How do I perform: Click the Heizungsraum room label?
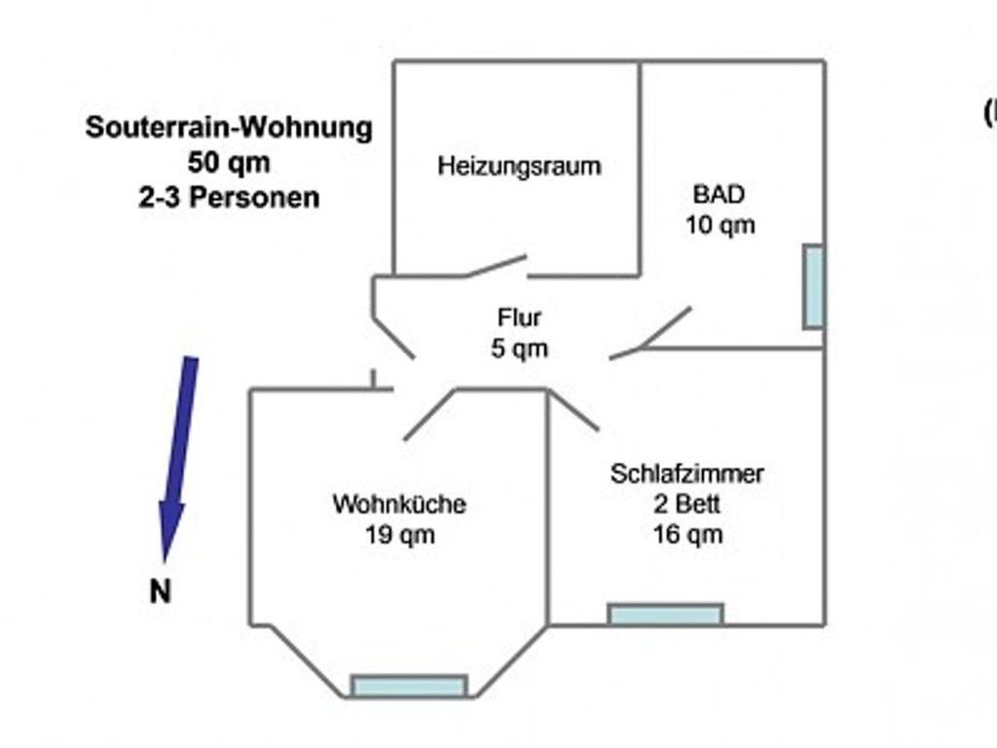point(519,167)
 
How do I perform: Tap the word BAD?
point(720,195)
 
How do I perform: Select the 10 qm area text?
point(720,225)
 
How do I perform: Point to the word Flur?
point(520,318)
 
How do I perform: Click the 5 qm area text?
point(520,349)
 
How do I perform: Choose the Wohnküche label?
point(399,505)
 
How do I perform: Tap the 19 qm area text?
point(400,535)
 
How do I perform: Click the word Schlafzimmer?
point(686,474)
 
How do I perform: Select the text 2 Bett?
point(686,505)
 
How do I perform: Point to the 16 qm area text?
point(688,535)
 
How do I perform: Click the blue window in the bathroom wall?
point(814,287)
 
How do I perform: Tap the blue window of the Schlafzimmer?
point(666,615)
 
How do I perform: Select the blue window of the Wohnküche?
point(410,687)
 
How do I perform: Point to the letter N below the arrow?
point(161,591)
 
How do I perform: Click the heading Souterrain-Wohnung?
point(229,128)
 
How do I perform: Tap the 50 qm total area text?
point(229,163)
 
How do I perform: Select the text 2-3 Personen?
point(229,198)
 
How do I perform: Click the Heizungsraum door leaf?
point(496,266)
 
